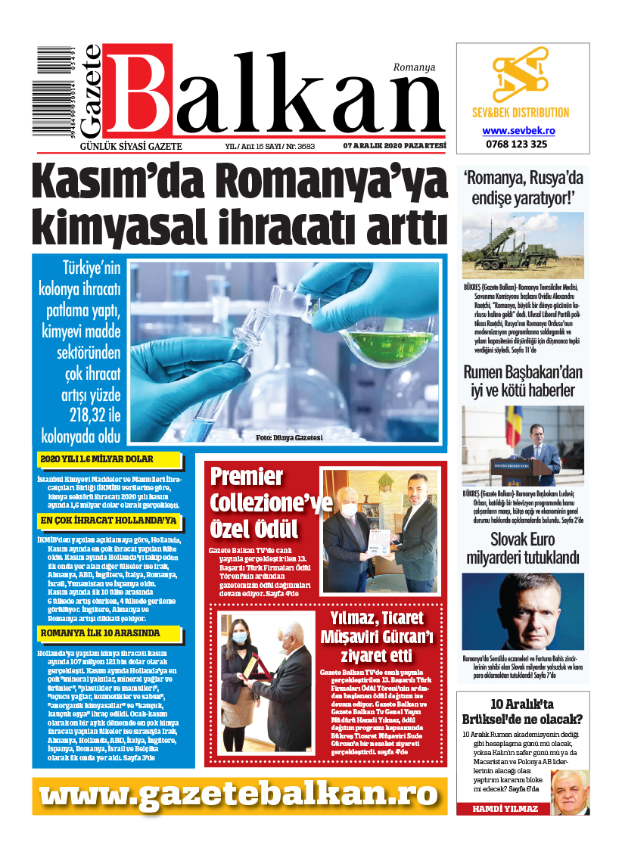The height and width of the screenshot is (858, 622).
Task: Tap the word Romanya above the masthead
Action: pos(414,67)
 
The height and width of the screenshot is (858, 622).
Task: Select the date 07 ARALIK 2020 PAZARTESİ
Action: pos(384,146)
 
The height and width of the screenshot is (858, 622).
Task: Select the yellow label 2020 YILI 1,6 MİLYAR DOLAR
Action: pos(109,459)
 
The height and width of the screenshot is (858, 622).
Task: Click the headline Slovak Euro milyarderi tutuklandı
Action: pos(523,549)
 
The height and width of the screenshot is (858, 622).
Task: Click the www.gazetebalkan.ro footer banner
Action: pos(239,795)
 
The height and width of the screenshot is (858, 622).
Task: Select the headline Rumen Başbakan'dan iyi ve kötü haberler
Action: pos(523,381)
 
